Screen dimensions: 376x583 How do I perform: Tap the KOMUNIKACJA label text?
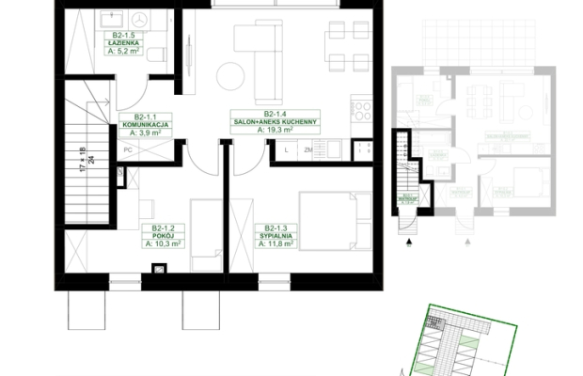pos(145,125)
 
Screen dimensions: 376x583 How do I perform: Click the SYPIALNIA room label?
pos(279,235)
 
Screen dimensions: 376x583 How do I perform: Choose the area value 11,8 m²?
pos(279,243)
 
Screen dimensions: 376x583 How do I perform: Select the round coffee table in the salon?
pos(232,73)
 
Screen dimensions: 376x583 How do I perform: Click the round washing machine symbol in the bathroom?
pos(141,19)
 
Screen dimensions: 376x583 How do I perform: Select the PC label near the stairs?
pos(126,149)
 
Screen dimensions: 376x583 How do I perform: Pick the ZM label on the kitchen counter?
pos(307,149)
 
